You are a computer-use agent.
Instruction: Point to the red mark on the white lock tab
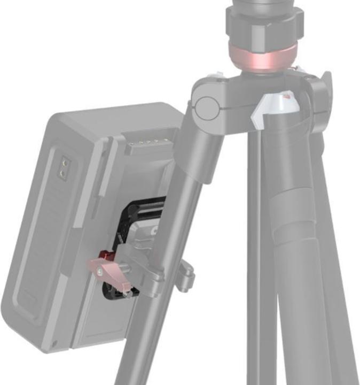click(x=287, y=97)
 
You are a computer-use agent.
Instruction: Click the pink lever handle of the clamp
click(x=101, y=266)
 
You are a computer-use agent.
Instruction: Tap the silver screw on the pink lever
click(x=101, y=272)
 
